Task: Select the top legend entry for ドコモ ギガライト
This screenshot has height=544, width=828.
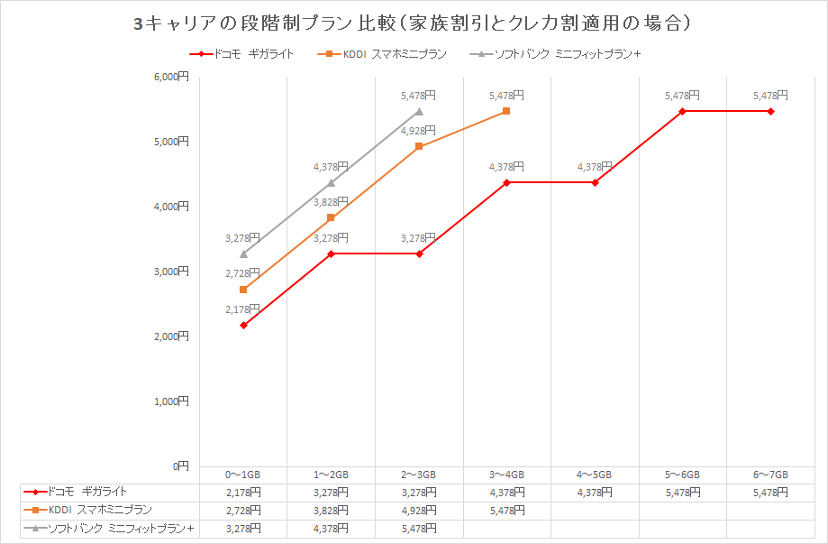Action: click(x=241, y=54)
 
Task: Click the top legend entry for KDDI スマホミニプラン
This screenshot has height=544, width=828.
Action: click(x=382, y=54)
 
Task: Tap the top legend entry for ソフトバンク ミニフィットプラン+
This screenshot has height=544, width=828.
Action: click(x=555, y=54)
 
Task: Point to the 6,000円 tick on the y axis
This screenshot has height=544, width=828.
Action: click(x=171, y=77)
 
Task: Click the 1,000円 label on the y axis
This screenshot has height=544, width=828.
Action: click(x=171, y=401)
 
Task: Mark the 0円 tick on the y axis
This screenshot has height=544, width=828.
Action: click(x=180, y=466)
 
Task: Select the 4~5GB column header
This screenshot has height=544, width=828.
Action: click(x=595, y=475)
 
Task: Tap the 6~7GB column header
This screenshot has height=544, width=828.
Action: click(x=770, y=475)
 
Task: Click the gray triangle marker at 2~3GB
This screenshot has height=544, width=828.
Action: click(x=418, y=111)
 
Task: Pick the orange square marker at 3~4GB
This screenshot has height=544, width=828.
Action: click(x=506, y=111)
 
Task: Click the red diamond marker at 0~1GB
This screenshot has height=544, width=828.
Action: click(x=243, y=325)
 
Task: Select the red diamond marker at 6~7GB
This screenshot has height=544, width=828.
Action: click(x=770, y=111)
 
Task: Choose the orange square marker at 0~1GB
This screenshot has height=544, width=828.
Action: click(x=243, y=290)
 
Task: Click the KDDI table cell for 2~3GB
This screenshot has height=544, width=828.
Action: click(x=418, y=510)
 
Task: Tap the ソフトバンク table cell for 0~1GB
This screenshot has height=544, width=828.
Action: click(x=243, y=528)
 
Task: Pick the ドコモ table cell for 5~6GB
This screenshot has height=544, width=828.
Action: click(x=682, y=493)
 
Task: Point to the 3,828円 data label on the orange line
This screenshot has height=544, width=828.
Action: click(x=331, y=202)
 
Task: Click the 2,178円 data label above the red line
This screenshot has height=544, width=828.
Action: click(x=242, y=309)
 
